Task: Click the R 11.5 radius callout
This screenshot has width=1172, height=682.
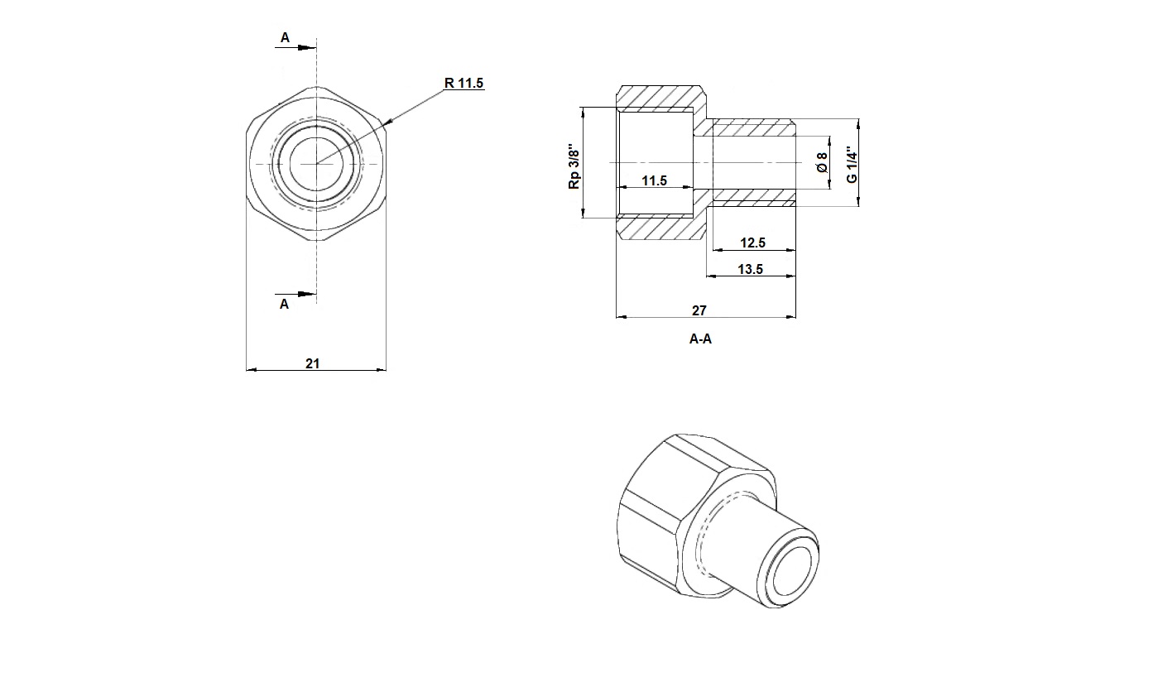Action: tap(464, 83)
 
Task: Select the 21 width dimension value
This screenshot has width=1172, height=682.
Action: tap(312, 363)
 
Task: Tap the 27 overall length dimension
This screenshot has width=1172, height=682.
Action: tap(699, 310)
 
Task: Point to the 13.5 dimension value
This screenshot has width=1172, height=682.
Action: tap(750, 269)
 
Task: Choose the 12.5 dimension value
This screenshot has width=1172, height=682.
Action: tap(752, 243)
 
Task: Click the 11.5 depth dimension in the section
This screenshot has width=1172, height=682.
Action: tap(655, 181)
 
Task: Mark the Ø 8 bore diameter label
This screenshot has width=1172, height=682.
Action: tap(822, 163)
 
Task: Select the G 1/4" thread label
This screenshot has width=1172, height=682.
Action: tap(853, 164)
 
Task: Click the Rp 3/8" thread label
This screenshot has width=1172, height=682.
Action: tap(574, 166)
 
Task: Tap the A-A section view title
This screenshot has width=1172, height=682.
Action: tap(700, 339)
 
